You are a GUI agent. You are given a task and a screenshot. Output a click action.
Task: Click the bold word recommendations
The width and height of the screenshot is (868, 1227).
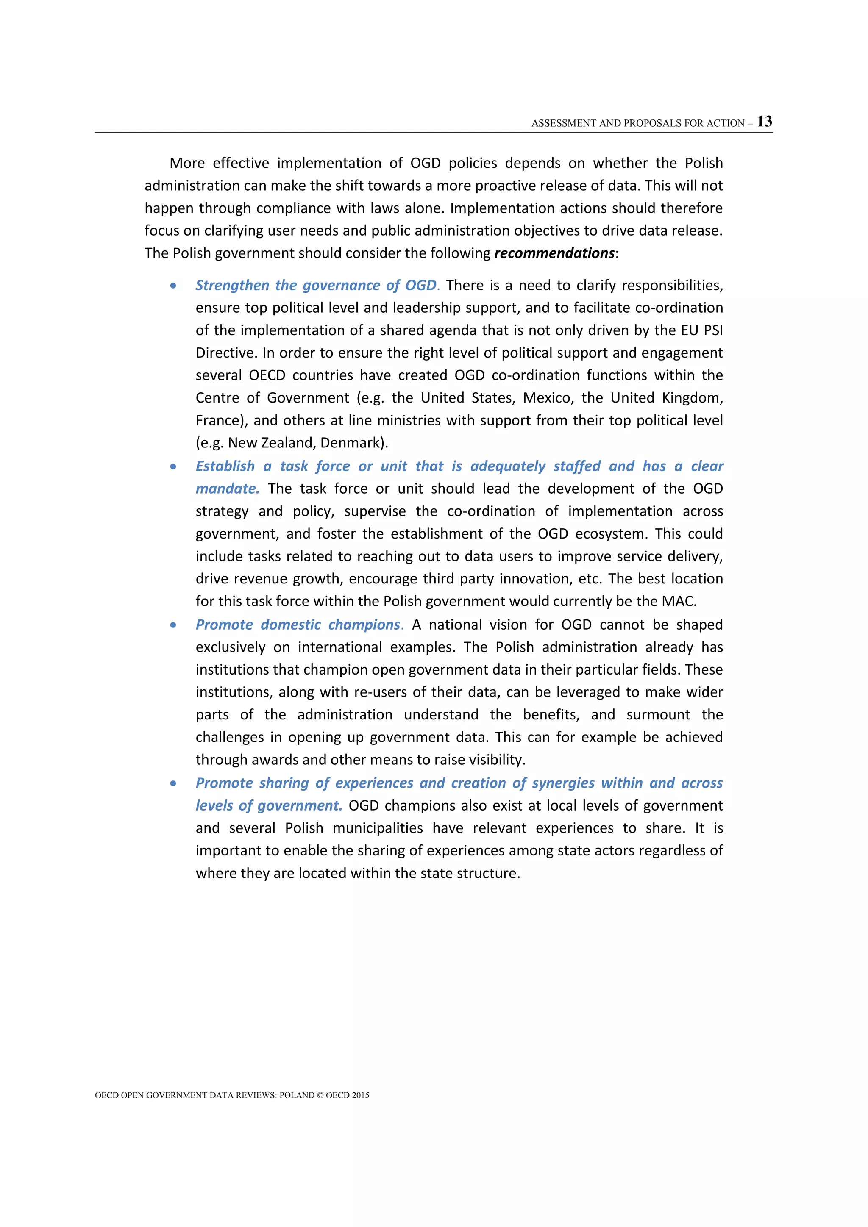coord(554,253)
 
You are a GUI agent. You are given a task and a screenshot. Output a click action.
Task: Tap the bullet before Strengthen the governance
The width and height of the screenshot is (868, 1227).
coord(173,286)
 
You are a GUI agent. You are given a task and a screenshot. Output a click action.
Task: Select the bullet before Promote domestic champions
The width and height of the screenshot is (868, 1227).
coord(173,625)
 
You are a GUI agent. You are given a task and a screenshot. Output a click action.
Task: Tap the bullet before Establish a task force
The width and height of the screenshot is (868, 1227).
coord(173,467)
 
